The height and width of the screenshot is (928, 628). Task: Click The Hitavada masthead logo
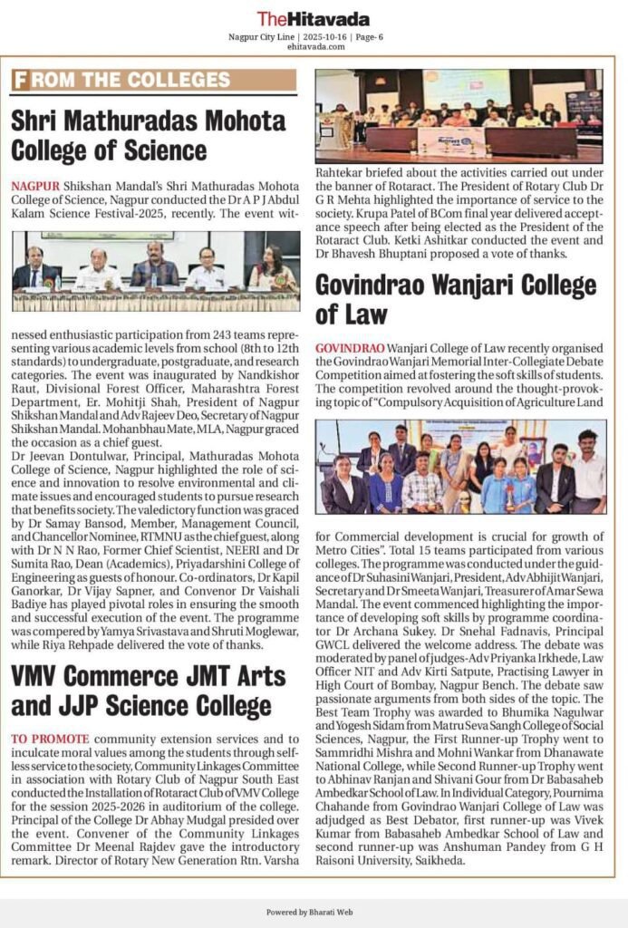coord(313,18)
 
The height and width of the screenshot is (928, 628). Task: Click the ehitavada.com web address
coord(314,46)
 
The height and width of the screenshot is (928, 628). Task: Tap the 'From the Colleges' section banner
coord(154,80)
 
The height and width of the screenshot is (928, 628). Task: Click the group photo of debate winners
coord(460,467)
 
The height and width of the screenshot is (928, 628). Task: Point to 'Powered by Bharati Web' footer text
coord(314,911)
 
